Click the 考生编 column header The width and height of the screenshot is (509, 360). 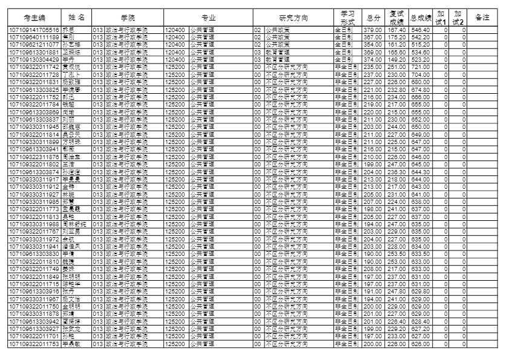34,18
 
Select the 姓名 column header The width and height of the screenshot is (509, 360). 76,18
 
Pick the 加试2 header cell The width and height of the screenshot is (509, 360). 458,18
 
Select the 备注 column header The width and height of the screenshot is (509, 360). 482,18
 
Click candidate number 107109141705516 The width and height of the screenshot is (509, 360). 34,30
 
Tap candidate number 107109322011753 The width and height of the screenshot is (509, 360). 34,344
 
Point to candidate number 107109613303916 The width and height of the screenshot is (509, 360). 34,291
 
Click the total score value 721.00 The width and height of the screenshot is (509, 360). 420,67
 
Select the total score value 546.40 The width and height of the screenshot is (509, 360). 420,30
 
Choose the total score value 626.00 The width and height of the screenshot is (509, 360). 420,344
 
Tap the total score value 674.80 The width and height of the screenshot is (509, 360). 420,90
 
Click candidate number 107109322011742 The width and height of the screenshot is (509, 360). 34,67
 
